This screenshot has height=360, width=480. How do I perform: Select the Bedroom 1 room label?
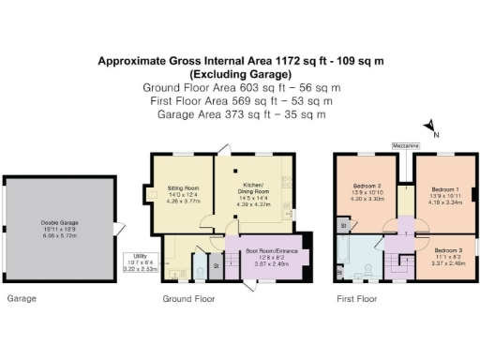(444, 191)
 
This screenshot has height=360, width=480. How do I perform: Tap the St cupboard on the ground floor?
(217, 266)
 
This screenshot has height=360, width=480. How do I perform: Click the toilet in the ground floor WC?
(200, 272)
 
